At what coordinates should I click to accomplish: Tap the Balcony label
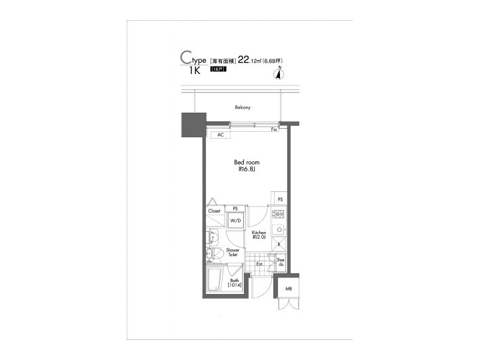[x=242, y=107]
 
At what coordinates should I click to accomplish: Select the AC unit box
[x=219, y=135]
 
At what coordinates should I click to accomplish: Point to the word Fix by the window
[x=274, y=129]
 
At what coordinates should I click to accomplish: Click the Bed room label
[x=247, y=162]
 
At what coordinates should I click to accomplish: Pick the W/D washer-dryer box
[x=236, y=221]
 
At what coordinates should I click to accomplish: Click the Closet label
[x=214, y=211]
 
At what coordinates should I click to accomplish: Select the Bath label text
[x=235, y=281]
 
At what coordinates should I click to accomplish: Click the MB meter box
[x=289, y=288]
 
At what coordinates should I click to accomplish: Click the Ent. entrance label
[x=259, y=265]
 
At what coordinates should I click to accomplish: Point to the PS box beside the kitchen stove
[x=280, y=199]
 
